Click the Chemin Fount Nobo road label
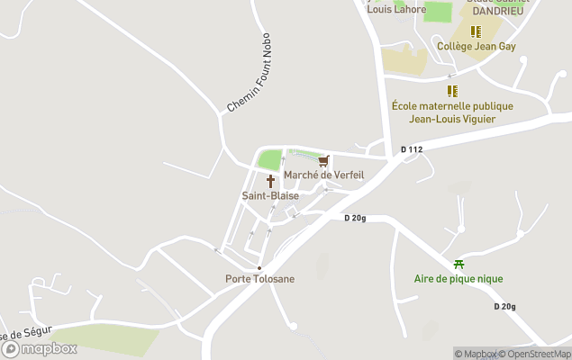point(250,81)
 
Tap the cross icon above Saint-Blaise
point(270,181)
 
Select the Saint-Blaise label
point(270,195)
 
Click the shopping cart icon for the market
point(323,161)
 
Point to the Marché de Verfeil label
point(323,175)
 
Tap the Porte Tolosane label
point(259,279)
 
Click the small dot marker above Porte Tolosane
point(259,268)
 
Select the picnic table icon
point(459,265)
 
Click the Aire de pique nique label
point(459,279)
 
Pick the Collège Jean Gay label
point(476,46)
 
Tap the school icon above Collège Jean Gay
point(476,31)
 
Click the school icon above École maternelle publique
point(452,91)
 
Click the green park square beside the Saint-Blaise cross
point(269,160)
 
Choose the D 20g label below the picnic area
point(504,306)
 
